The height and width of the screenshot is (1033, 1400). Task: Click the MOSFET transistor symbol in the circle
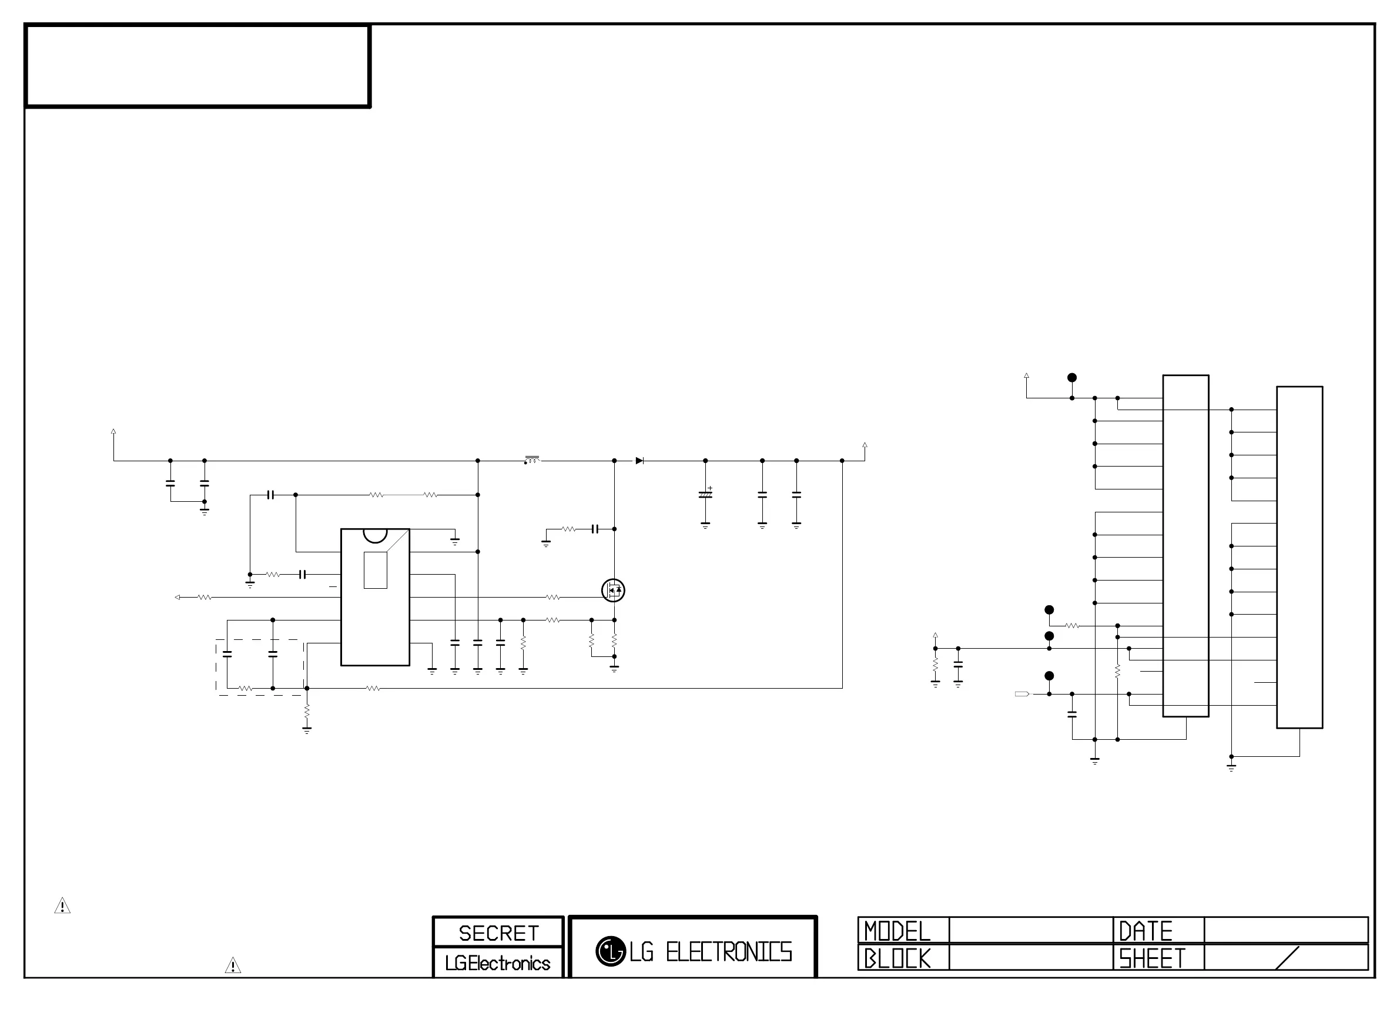tap(613, 591)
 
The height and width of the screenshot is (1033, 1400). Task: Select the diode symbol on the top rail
tap(639, 461)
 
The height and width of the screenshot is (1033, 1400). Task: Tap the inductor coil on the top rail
tap(531, 460)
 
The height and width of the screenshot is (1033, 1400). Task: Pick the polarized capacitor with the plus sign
tap(705, 495)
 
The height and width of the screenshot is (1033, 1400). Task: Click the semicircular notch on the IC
tap(375, 535)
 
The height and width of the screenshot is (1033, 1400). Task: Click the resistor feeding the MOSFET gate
tap(552, 597)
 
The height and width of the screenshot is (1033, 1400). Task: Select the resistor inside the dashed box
tap(245, 689)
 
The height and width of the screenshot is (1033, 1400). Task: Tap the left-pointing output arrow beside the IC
tap(177, 597)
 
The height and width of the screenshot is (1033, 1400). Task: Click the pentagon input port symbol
tap(1021, 694)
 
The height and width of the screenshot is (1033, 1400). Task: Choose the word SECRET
tap(498, 933)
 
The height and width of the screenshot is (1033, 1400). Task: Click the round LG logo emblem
tap(610, 951)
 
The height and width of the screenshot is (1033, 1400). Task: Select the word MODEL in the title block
tap(897, 931)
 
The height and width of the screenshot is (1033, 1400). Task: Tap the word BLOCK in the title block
tap(897, 958)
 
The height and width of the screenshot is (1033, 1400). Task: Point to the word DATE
tap(1146, 931)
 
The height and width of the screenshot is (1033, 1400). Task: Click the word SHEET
tap(1152, 958)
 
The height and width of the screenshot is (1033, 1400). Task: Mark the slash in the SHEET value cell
tap(1287, 958)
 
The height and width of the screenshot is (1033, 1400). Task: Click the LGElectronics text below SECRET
tap(498, 963)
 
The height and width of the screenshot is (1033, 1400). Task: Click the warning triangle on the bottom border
tap(233, 965)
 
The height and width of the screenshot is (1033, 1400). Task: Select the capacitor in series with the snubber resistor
tap(595, 529)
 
